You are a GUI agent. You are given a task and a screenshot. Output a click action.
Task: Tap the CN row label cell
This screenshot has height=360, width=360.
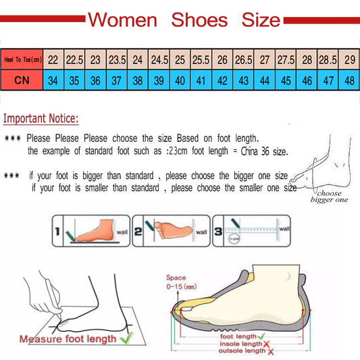coord(22,80)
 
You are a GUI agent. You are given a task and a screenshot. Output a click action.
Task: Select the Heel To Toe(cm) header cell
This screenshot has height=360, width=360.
coord(22,59)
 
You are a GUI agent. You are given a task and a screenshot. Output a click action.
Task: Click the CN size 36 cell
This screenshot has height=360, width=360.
coord(94,80)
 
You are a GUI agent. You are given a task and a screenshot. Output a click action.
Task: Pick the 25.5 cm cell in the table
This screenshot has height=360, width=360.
coord(201,59)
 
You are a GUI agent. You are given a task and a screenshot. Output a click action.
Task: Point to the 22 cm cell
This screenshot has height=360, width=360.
coord(52,59)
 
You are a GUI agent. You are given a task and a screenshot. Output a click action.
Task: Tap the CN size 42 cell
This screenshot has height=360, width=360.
coord(222,80)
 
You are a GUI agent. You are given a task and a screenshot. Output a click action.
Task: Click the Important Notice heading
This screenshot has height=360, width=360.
coord(41,120)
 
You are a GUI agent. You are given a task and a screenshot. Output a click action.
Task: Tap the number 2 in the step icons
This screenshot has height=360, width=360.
coord(138,232)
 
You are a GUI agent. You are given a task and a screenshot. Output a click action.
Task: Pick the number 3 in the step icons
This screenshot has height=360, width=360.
coord(220,232)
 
